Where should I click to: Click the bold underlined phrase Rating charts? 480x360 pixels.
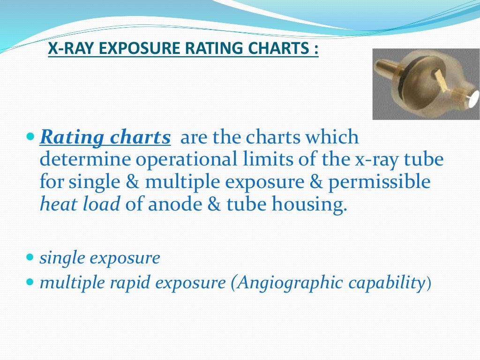[x=105, y=138]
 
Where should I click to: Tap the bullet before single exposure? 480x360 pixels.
[x=30, y=257]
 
